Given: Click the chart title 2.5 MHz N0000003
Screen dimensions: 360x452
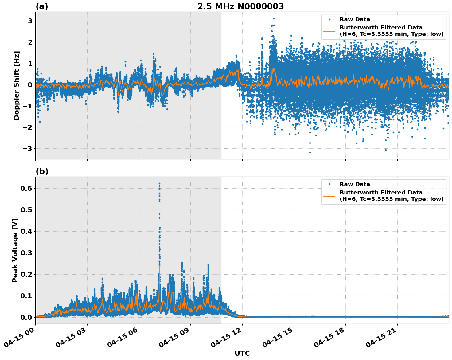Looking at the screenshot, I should (x=240, y=6).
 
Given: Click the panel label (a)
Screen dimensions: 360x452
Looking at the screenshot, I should (x=42, y=6).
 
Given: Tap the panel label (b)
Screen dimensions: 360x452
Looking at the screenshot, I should (x=42, y=171).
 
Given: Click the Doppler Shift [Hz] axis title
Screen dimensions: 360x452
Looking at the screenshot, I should (x=17, y=85).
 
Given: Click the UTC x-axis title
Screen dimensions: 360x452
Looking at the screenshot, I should (x=242, y=353).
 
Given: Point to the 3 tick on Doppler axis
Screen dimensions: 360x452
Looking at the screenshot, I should (x=30, y=21).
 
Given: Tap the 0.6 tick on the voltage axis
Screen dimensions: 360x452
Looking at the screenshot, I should (x=26, y=188).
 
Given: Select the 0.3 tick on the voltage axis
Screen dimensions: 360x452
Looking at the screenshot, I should (x=26, y=253).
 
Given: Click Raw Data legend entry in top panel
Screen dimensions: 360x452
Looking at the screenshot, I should (x=355, y=19).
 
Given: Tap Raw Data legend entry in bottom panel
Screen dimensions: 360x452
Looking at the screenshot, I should (x=355, y=184).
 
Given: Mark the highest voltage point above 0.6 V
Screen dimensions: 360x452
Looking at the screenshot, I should (x=159, y=184).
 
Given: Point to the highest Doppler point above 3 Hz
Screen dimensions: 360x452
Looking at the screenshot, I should (x=274, y=18).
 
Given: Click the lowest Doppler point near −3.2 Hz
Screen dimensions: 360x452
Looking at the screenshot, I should (x=310, y=152).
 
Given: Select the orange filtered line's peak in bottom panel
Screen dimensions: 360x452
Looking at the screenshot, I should (x=159, y=267).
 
